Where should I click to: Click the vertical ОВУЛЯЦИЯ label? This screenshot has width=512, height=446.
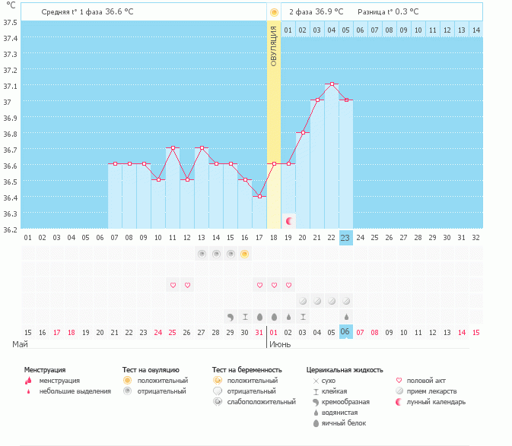(x=274, y=46)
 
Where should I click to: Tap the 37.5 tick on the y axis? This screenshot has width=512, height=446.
(x=10, y=22)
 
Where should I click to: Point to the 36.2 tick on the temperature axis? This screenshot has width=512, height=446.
(x=10, y=229)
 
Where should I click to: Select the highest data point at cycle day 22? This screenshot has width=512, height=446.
(x=331, y=84)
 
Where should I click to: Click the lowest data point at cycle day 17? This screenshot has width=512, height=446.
(x=259, y=196)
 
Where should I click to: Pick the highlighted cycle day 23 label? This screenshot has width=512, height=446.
(x=345, y=238)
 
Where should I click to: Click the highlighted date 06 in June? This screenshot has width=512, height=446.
(x=345, y=332)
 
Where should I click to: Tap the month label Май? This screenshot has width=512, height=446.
(x=21, y=344)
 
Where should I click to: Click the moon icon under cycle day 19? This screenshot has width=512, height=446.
(x=289, y=220)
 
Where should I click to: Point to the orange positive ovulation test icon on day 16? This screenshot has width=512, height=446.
(x=244, y=254)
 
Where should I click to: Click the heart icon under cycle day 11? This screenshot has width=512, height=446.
(x=173, y=285)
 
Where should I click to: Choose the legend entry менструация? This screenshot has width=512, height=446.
(x=59, y=381)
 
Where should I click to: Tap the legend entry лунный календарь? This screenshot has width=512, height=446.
(x=436, y=402)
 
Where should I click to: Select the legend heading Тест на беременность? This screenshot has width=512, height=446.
(x=247, y=370)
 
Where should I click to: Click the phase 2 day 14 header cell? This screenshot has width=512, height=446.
(x=475, y=30)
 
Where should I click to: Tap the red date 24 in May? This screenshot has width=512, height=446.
(x=158, y=332)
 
